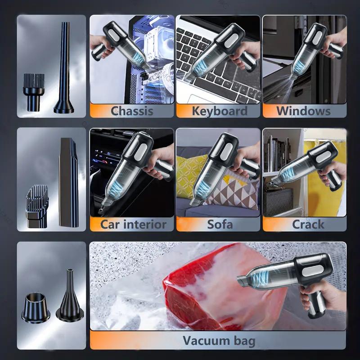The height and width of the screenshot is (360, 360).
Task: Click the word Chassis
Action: (131, 111)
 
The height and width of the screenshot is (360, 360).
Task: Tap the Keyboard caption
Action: (219, 111)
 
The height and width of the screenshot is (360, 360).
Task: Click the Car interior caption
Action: (133, 224)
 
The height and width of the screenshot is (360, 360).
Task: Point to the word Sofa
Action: (220, 224)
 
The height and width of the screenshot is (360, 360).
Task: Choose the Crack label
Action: (308, 224)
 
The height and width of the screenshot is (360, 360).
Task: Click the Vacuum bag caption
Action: (219, 341)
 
